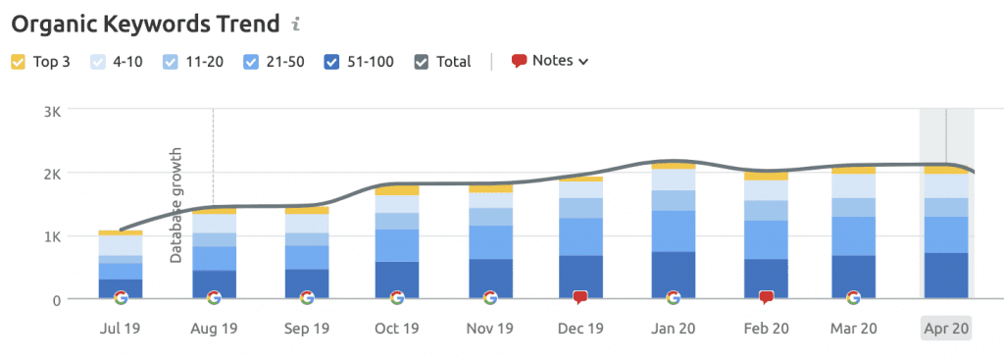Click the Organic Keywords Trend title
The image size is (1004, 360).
click(137, 23)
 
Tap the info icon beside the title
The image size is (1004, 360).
click(296, 23)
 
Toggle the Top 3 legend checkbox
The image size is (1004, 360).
click(19, 62)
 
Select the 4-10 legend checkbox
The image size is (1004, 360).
click(98, 62)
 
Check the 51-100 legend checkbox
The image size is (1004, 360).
click(332, 62)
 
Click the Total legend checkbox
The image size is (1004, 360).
click(422, 62)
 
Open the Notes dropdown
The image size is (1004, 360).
click(550, 61)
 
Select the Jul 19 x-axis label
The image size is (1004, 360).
click(120, 328)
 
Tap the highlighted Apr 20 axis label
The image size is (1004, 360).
click(945, 328)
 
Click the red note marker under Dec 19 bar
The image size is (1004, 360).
click(580, 297)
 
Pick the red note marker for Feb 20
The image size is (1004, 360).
click(767, 297)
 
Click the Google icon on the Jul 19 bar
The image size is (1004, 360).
click(121, 297)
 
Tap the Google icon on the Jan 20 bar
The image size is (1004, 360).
click(673, 297)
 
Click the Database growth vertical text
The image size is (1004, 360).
click(176, 206)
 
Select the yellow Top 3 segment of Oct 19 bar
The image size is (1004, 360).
click(397, 189)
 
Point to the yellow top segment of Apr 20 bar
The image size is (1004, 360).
click(945, 171)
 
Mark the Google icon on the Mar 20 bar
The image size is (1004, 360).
click(853, 297)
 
